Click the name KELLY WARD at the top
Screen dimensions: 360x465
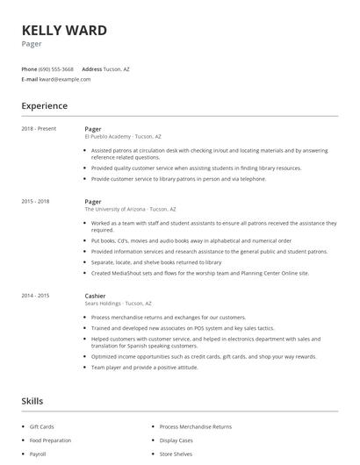pyautogui.click(x=64, y=31)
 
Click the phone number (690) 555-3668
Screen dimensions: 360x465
pyautogui.click(x=56, y=68)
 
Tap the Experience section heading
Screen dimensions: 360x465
pyautogui.click(x=44, y=106)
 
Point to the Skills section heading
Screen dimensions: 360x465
pyautogui.click(x=32, y=401)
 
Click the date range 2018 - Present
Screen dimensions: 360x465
pyautogui.click(x=39, y=129)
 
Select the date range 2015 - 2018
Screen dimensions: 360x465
pyautogui.click(x=36, y=201)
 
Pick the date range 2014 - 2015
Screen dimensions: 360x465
pyautogui.click(x=36, y=296)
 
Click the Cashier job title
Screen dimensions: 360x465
pyautogui.click(x=95, y=296)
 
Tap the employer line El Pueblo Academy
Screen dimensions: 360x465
pyautogui.click(x=122, y=137)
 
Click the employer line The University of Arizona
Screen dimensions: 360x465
pyautogui.click(x=130, y=209)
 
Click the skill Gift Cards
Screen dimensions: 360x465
pyautogui.click(x=41, y=426)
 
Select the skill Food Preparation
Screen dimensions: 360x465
pyautogui.click(x=50, y=440)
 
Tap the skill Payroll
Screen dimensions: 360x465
pyautogui.click(x=38, y=454)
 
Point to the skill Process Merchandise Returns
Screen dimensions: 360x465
pyautogui.click(x=196, y=426)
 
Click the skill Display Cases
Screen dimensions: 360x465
pyautogui.click(x=177, y=440)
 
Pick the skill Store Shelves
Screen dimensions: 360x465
pyautogui.click(x=176, y=454)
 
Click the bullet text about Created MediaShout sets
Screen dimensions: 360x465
pyautogui.click(x=200, y=273)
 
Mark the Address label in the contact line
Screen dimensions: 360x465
pyautogui.click(x=91, y=68)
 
